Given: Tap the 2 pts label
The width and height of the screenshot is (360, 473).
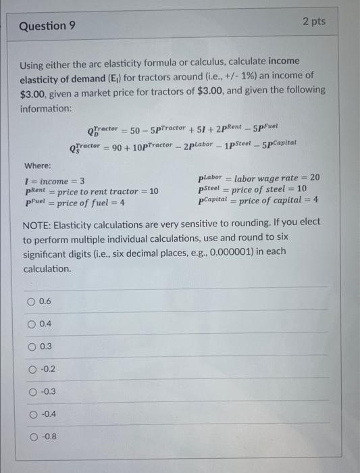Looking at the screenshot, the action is [x=313, y=22].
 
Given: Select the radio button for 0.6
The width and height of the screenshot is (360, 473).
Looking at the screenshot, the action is [x=32, y=301].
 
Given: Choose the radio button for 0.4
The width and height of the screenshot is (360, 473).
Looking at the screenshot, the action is [x=32, y=324].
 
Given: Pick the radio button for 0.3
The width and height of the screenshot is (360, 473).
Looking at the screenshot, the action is [x=32, y=347].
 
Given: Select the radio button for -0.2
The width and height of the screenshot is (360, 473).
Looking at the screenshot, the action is [x=32, y=369].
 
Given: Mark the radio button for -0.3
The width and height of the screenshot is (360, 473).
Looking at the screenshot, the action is [x=32, y=391].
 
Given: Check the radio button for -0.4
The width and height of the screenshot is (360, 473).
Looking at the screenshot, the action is [x=32, y=414].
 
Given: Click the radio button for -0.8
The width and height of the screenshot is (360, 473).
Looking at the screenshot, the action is [x=32, y=436].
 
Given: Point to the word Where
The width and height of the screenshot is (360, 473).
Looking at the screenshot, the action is [x=38, y=166].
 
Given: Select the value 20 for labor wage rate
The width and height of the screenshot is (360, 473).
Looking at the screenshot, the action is [x=314, y=178].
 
